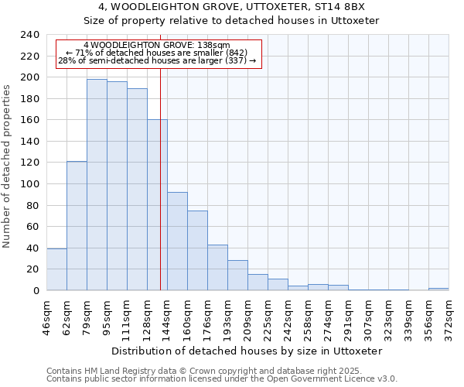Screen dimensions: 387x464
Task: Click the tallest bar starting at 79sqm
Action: (97, 184)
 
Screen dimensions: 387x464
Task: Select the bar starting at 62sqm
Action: (77, 225)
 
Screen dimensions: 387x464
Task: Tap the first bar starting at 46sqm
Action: (56, 269)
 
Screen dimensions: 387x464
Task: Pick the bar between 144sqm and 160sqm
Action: (177, 241)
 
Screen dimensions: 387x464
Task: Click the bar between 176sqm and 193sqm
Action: (217, 267)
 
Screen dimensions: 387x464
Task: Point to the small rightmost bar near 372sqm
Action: (438, 289)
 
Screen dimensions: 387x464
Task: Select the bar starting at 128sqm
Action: (157, 205)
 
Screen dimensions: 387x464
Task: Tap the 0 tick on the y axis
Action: (36, 290)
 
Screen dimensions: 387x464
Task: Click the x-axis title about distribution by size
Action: (247, 351)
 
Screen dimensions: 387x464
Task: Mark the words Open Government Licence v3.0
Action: (341, 378)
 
